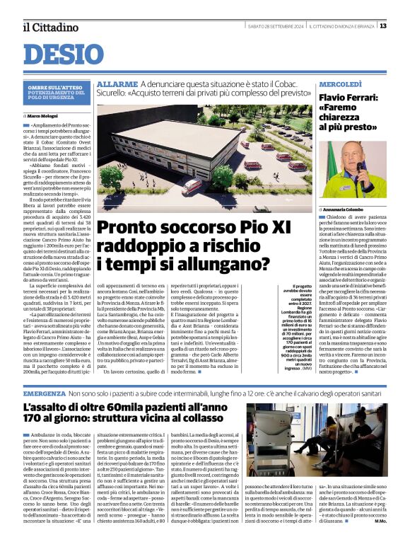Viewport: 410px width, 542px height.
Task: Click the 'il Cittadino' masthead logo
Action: (x=47, y=27)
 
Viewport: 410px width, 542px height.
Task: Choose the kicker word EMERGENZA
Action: (x=45, y=393)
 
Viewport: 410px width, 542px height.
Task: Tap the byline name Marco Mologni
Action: (x=45, y=115)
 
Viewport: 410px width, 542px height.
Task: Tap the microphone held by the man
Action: (x=361, y=168)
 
